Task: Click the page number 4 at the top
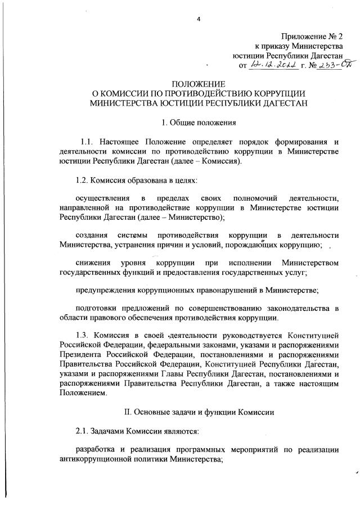pos(198,21)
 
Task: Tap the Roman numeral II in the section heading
pos(128,412)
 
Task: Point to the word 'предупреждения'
pos(105,290)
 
